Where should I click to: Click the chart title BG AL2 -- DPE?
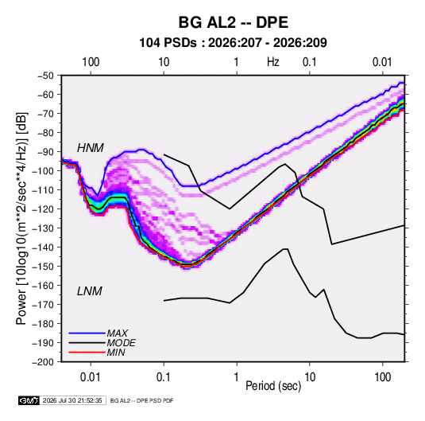pos(233,22)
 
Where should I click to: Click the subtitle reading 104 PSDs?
pos(168,43)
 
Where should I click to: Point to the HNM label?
pos(91,148)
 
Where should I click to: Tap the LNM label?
pos(90,291)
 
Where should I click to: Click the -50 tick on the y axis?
pos(45,76)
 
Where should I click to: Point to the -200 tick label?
pos(43,362)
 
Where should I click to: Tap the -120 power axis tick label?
pos(43,209)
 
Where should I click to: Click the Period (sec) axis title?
pos(273,386)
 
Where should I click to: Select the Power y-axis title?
pos(21,219)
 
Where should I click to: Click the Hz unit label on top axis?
pos(273,62)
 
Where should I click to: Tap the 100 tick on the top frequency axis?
pos(91,62)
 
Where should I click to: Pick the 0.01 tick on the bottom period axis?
pos(91,377)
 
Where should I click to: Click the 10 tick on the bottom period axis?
pos(310,377)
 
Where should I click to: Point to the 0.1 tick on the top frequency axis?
pos(309,62)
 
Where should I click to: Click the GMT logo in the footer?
pos(29,400)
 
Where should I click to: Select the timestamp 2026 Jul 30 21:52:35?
pos(72,400)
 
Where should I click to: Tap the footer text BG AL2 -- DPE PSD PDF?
pos(141,400)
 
